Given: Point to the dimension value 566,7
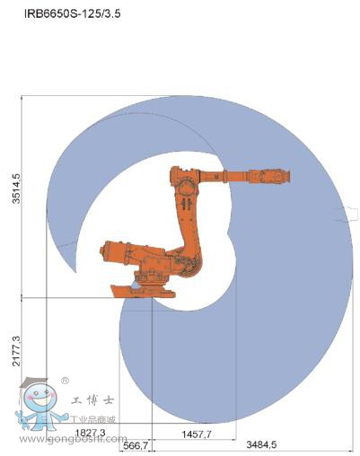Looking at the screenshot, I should point(136,445).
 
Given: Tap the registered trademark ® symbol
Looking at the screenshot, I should point(64,380).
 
